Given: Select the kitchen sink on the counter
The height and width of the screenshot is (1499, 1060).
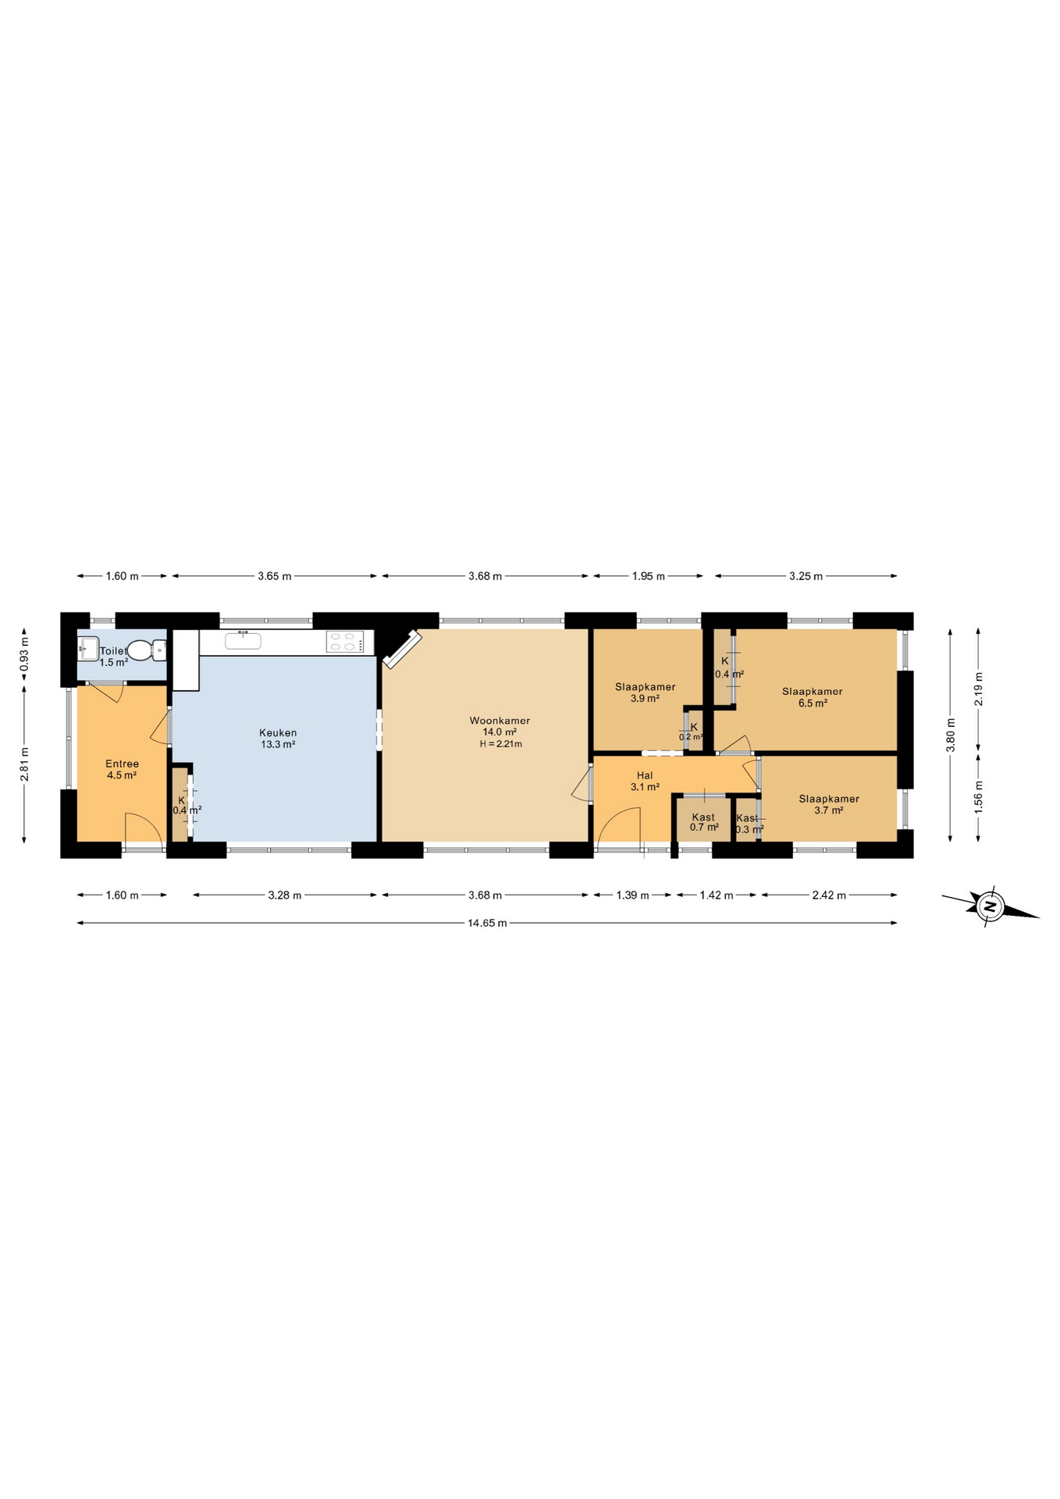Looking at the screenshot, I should click(x=243, y=641).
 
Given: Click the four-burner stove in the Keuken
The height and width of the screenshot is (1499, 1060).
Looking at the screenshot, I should click(x=345, y=642).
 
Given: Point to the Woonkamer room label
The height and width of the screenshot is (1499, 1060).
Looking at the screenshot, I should click(x=500, y=721).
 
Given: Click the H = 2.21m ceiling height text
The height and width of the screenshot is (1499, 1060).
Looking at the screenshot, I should click(x=500, y=744).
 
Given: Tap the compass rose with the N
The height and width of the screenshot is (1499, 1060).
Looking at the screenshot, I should click(x=990, y=906).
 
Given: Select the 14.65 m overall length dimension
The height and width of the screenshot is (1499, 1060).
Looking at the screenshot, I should click(x=487, y=923).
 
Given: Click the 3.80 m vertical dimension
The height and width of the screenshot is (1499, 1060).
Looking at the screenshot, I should click(x=950, y=735).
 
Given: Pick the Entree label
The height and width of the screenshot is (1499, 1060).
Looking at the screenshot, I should click(x=122, y=764).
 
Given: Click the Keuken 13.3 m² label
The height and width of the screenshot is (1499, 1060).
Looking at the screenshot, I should click(x=278, y=739).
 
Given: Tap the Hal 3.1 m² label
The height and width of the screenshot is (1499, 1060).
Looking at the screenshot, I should click(x=645, y=782).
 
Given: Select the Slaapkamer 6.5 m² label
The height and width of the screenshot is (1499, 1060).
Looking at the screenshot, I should click(x=812, y=696).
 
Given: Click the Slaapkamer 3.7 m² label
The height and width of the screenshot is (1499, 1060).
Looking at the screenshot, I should click(x=828, y=804).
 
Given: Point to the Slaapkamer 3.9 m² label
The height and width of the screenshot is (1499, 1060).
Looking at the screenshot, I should click(x=645, y=693).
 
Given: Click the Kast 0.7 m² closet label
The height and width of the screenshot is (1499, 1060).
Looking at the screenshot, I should click(x=703, y=822).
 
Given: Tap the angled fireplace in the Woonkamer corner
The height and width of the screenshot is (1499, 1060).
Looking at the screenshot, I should click(x=402, y=650).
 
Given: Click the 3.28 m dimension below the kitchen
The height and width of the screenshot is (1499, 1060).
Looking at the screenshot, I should click(x=284, y=895).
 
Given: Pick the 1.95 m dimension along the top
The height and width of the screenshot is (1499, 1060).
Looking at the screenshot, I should click(x=648, y=576).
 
